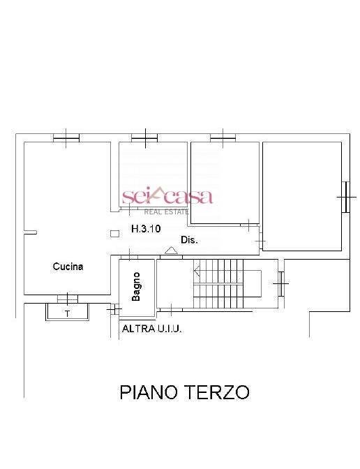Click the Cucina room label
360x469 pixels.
point(68,266)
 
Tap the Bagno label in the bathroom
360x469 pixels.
point(137,285)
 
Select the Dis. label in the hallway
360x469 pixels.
point(189,239)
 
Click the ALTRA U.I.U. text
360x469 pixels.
point(152,329)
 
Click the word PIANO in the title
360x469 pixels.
point(151,392)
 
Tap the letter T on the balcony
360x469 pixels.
point(67,313)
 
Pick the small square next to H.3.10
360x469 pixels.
point(114,234)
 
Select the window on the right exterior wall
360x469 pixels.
point(344,196)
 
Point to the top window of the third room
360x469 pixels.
point(222,137)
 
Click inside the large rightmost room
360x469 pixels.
point(302,195)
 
